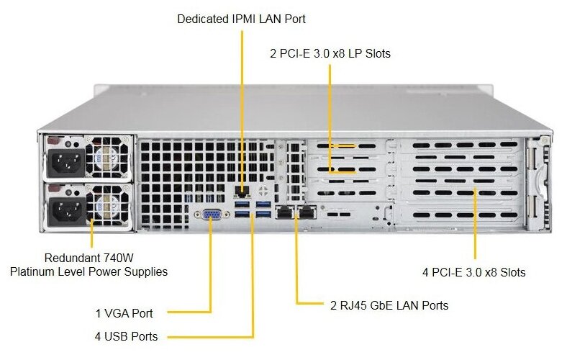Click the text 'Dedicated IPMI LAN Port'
[241, 19]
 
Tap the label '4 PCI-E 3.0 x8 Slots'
[473, 272]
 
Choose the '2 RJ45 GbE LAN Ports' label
[389, 305]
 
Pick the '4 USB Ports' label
[126, 336]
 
